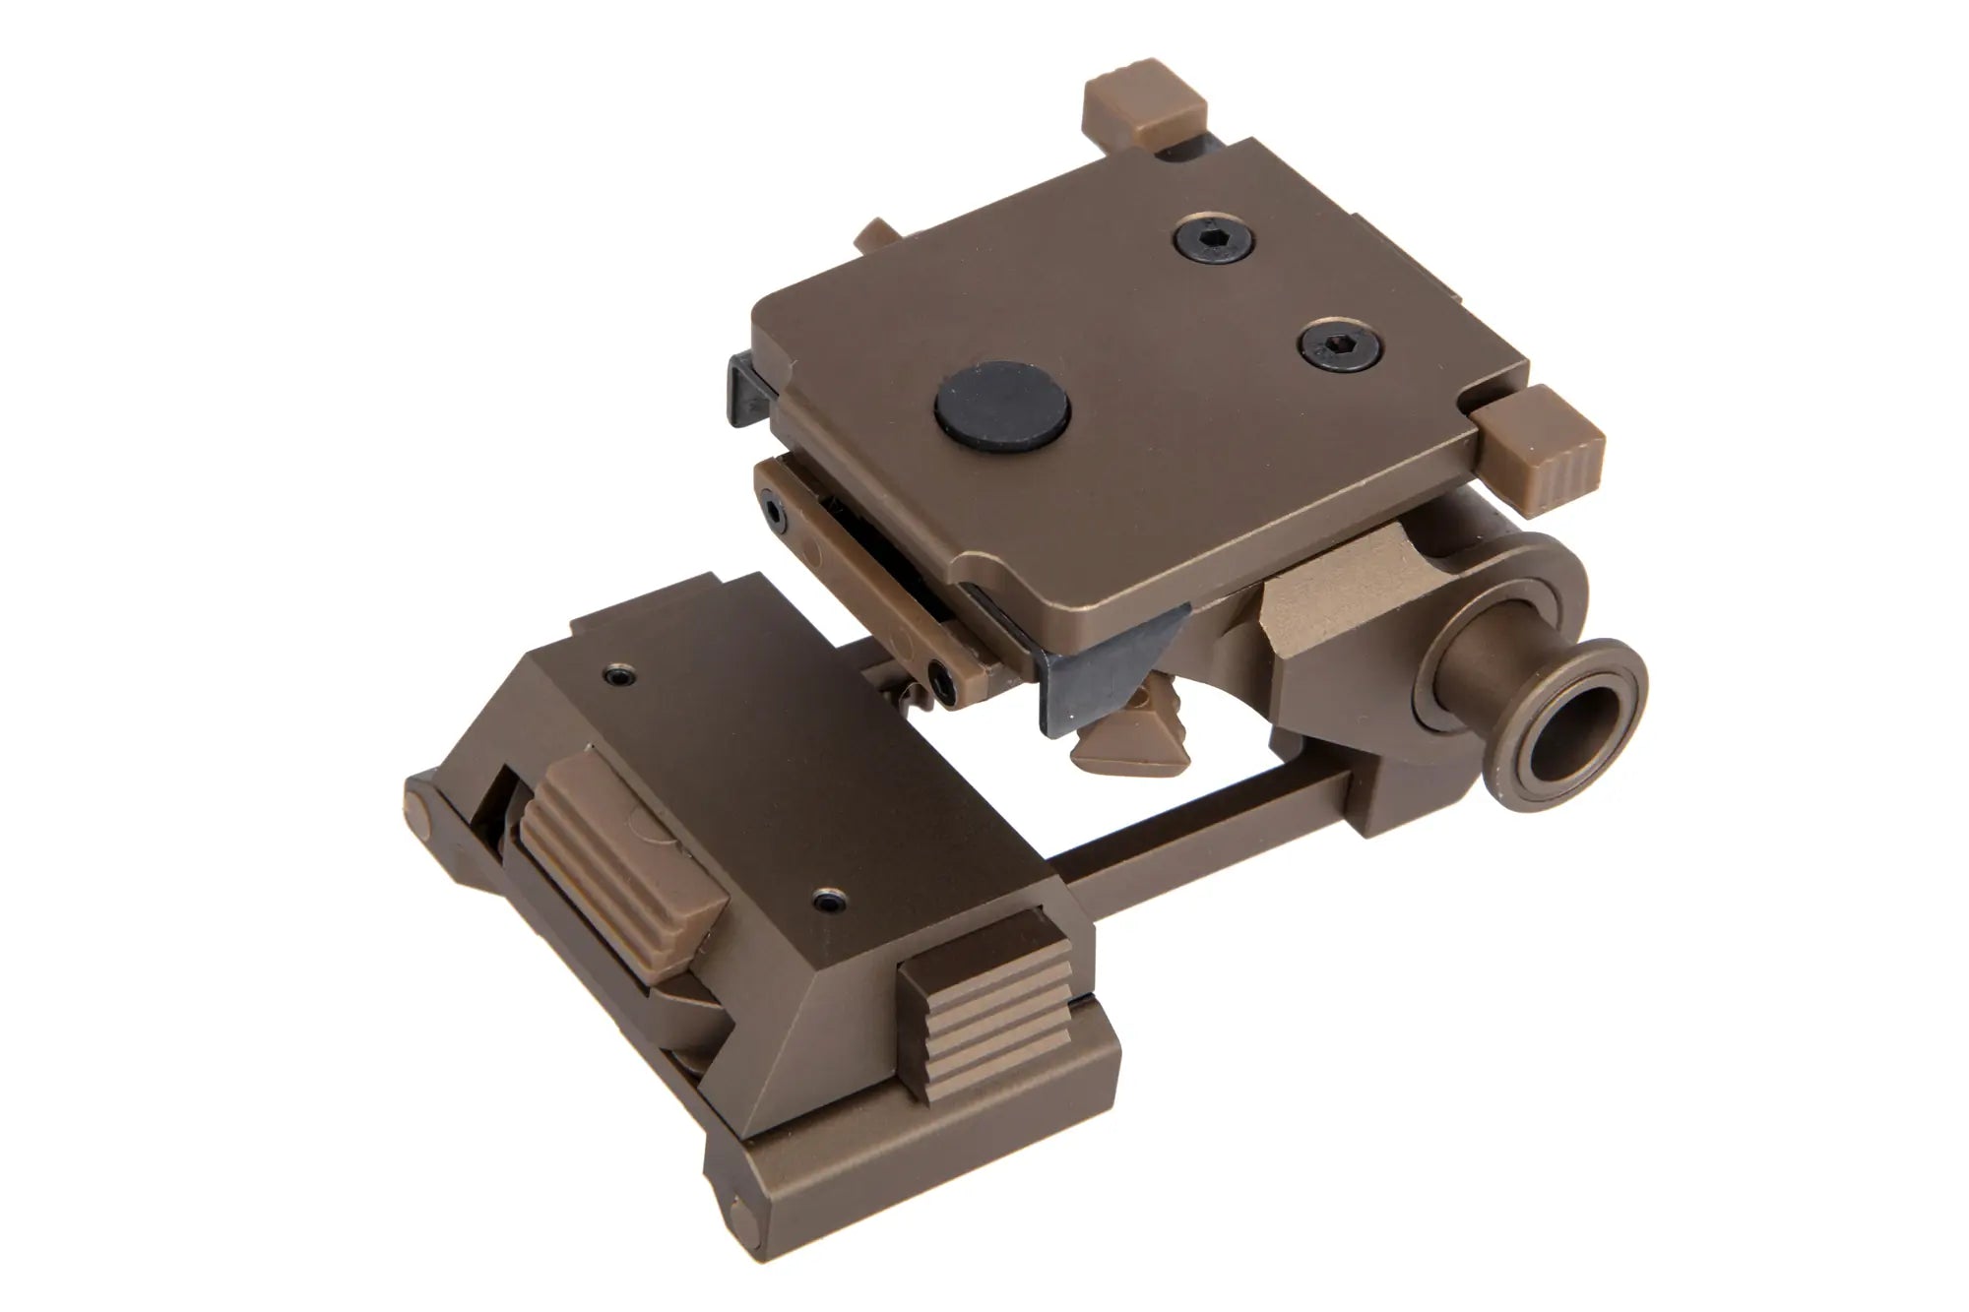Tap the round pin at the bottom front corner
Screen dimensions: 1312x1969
pos(737,1211)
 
